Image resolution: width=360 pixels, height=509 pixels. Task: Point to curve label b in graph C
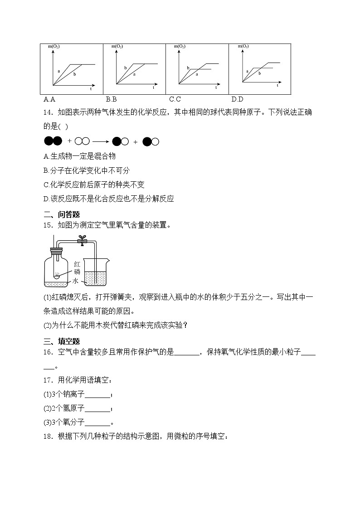click(x=187, y=68)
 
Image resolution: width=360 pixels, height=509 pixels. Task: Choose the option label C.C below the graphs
click(x=175, y=99)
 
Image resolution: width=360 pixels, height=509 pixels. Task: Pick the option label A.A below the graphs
click(x=49, y=99)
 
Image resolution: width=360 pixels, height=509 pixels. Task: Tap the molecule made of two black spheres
click(x=53, y=141)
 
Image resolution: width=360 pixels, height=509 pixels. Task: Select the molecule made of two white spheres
click(x=82, y=141)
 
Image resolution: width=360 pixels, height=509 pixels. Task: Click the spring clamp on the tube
click(x=82, y=241)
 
